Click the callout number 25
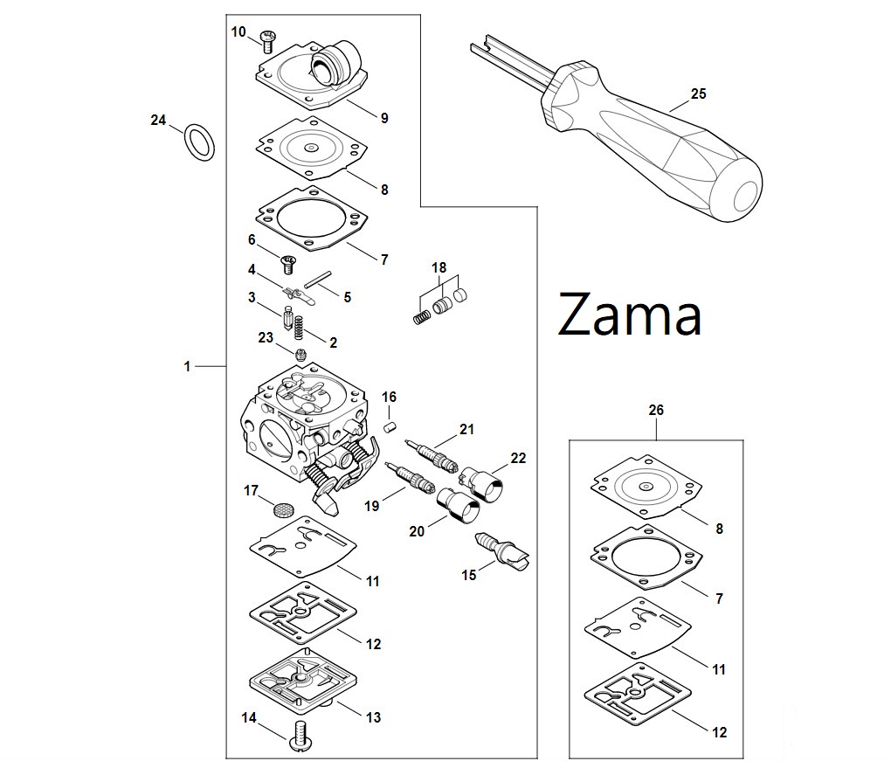click(x=698, y=94)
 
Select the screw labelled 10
click(x=268, y=39)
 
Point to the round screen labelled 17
click(x=281, y=508)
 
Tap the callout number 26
click(x=657, y=409)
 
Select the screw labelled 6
click(x=288, y=260)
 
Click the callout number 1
click(x=187, y=367)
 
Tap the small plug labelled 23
click(x=300, y=354)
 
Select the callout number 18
click(x=439, y=266)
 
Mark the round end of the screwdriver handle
click(x=744, y=196)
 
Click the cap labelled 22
click(x=482, y=485)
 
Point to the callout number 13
click(x=373, y=717)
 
